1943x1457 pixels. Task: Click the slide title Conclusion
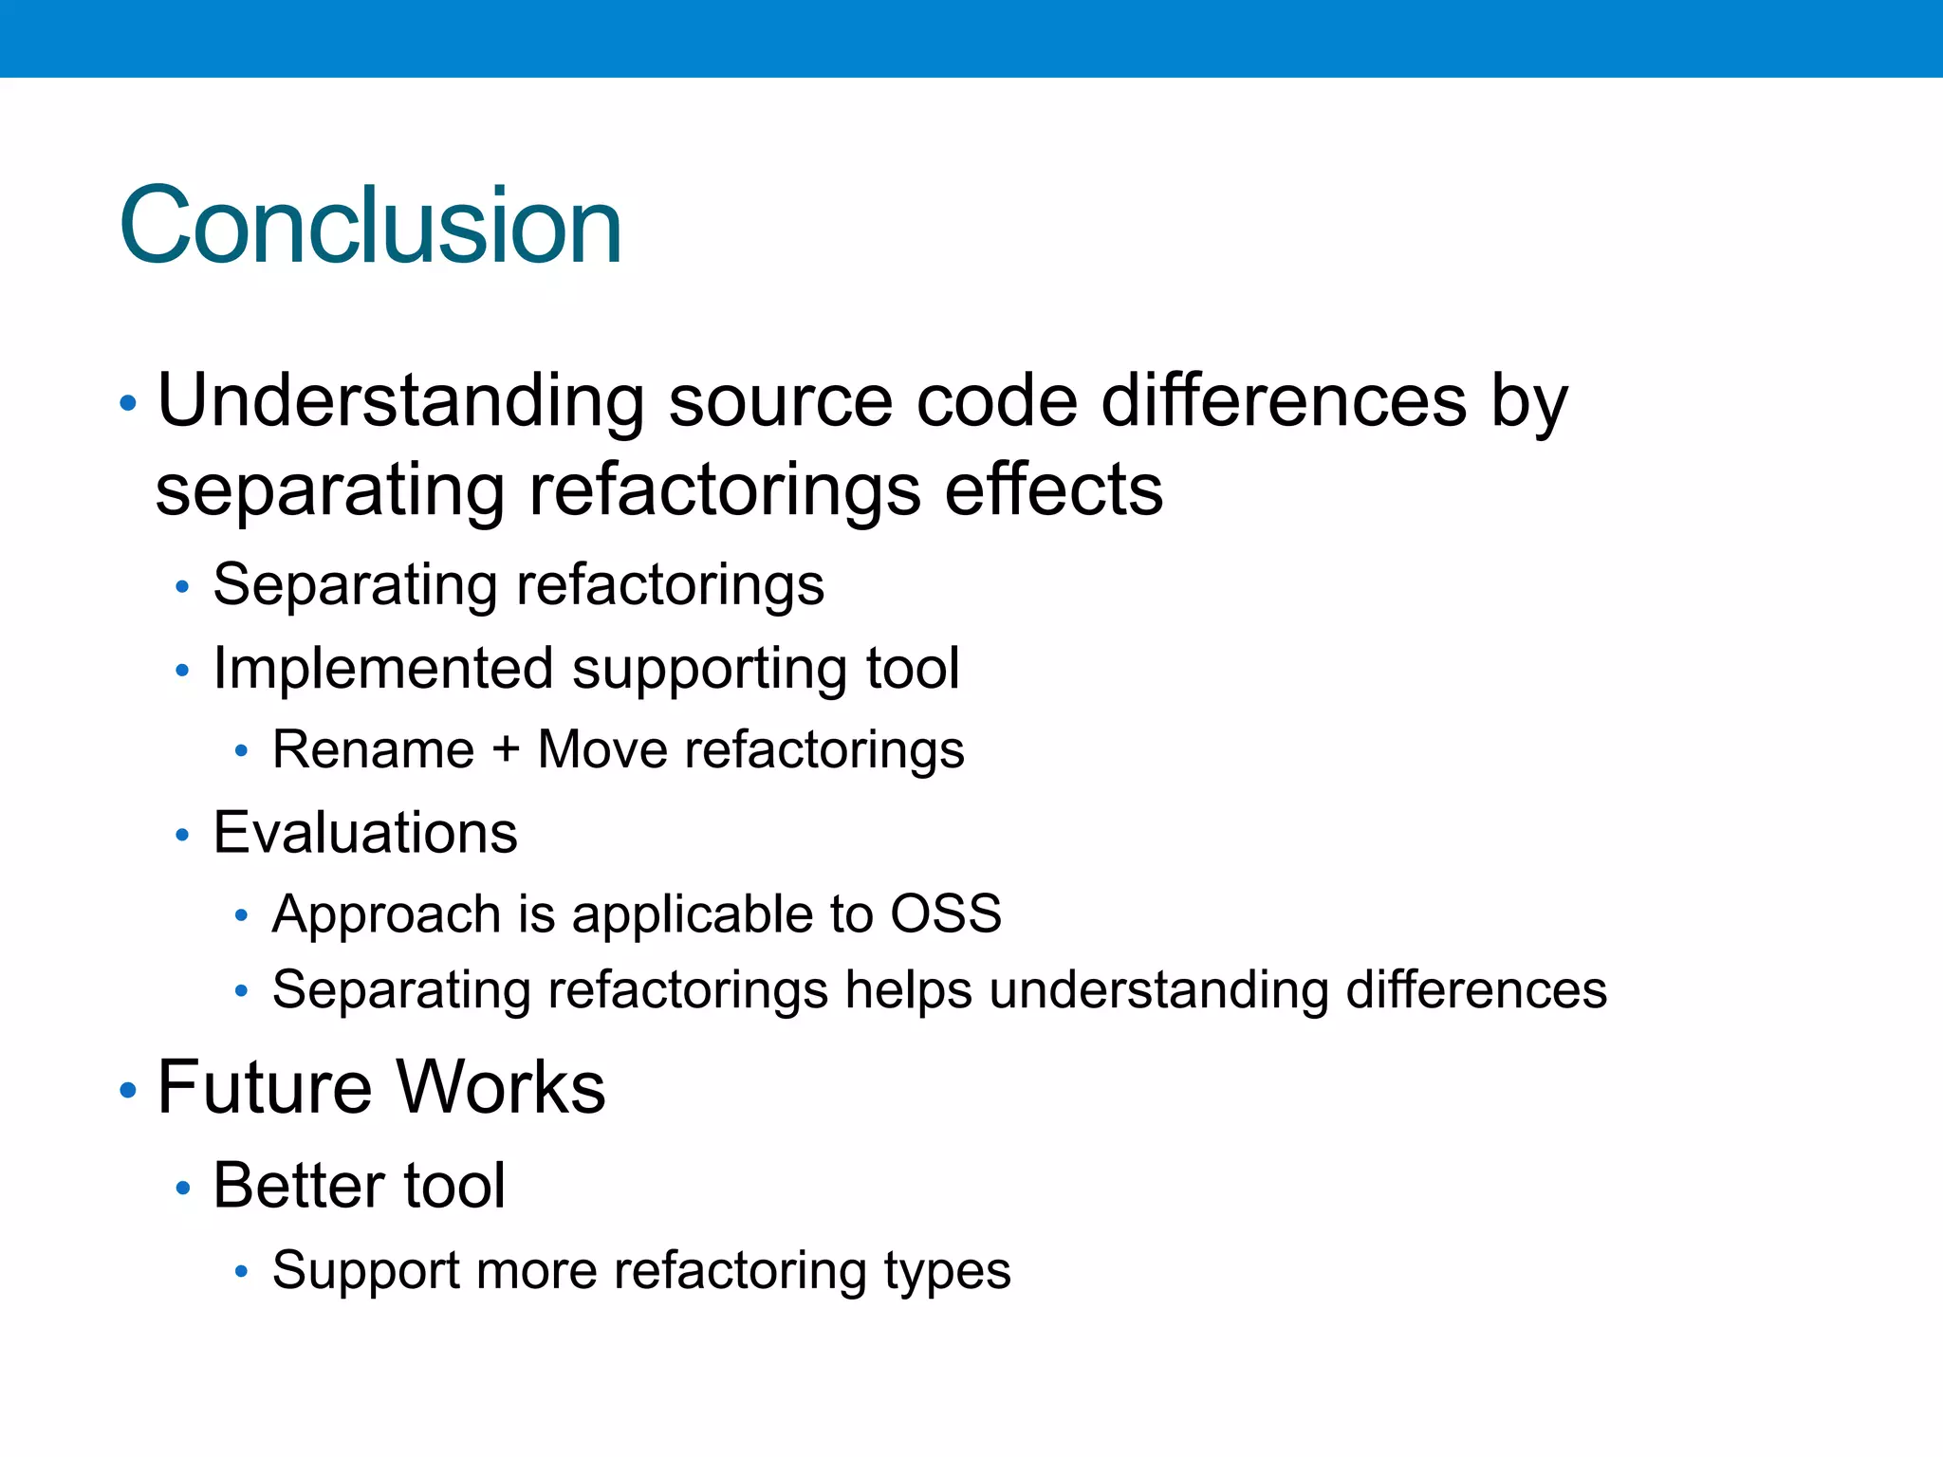[370, 226]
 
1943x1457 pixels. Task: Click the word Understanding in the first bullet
[400, 401]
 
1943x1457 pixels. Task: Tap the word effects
[1053, 490]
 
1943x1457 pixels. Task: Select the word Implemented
[383, 669]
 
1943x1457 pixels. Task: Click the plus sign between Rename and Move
[506, 750]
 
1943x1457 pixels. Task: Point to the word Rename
[373, 750]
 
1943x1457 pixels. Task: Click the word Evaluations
[365, 834]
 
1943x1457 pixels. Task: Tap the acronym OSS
[945, 914]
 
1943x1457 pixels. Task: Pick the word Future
[264, 1088]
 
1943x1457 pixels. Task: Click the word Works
[501, 1088]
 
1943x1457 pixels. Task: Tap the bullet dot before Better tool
[183, 1189]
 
